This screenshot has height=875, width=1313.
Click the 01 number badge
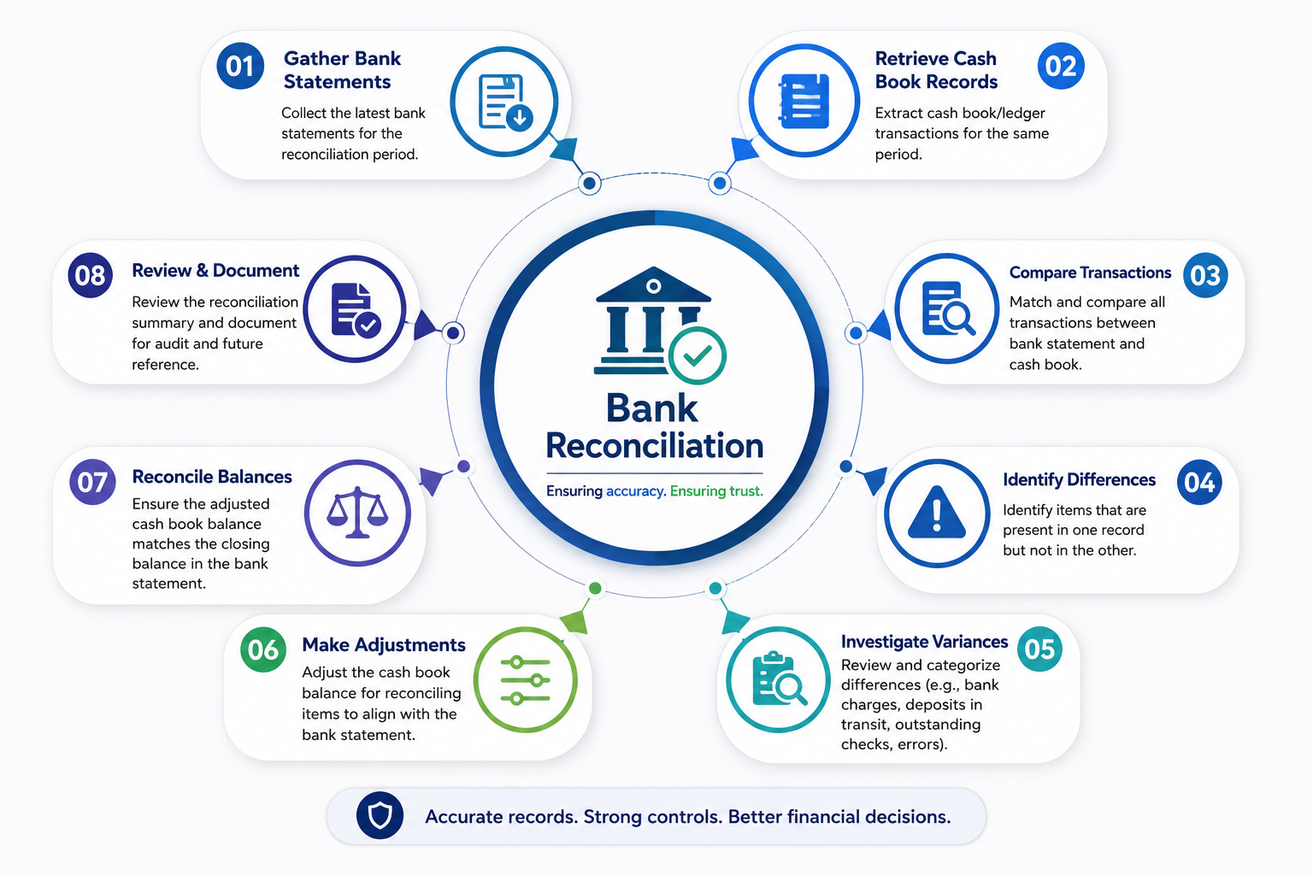pos(239,66)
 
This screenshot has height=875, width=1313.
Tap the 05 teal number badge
pos(1039,649)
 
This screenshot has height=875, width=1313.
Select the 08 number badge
pos(91,275)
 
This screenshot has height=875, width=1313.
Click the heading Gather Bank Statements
pos(342,70)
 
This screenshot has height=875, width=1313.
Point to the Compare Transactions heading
pos(1090,273)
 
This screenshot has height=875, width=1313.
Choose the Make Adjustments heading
pos(383,644)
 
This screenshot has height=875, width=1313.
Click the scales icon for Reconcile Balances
pos(357,513)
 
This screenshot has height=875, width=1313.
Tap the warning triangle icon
pos(936,512)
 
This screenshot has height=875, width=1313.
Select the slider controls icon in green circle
pos(526,680)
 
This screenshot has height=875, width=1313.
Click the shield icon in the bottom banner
pos(380,815)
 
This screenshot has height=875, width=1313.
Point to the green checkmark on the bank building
pos(697,355)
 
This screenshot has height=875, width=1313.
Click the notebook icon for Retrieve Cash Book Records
pos(804,101)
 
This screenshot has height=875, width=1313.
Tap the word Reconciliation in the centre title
pos(654,445)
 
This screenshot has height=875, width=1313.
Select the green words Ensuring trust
pos(716,491)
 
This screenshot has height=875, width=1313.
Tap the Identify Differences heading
pos(1079,479)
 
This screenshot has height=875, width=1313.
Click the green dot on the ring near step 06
pos(595,589)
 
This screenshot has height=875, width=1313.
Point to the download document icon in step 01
pos(505,102)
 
